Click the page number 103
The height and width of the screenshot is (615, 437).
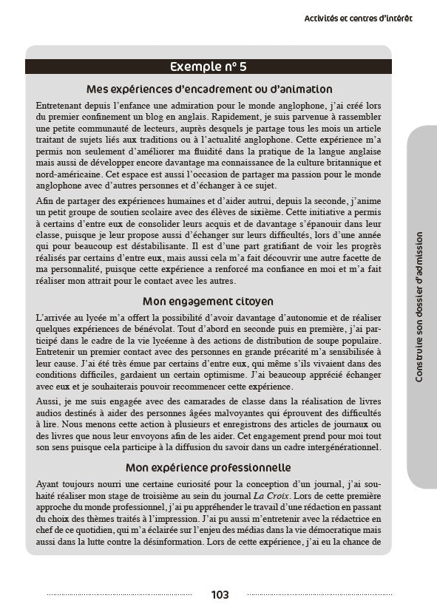click(219, 595)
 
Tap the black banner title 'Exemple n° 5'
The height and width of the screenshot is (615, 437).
click(209, 67)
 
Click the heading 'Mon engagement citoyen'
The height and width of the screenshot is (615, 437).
click(209, 302)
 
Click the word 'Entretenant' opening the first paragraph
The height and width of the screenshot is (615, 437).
click(60, 105)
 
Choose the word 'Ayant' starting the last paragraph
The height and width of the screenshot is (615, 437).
click(48, 484)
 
